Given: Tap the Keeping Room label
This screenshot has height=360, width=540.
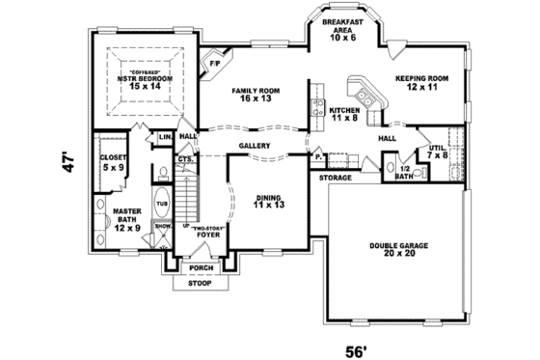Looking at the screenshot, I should click(422, 82).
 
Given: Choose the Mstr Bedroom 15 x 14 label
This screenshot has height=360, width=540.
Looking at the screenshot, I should click(143, 81).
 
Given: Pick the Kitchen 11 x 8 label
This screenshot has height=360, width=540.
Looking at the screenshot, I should click(345, 116).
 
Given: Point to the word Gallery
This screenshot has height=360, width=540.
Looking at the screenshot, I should click(255, 146).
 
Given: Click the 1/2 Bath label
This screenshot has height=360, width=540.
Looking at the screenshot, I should click(404, 174).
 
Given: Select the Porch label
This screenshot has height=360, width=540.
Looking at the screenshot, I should click(201, 268).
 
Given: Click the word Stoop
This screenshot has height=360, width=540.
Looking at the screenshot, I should click(201, 284).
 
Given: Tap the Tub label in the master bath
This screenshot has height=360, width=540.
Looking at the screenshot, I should click(163, 205).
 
